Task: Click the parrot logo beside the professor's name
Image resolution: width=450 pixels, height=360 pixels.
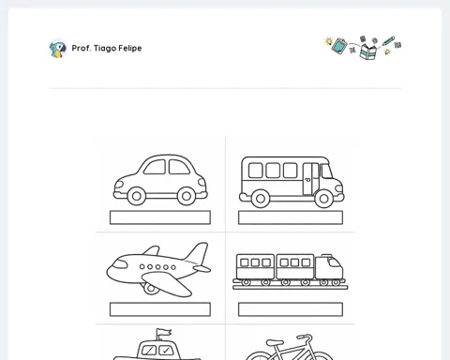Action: click(58, 49)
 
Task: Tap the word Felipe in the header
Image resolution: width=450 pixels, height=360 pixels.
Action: click(130, 49)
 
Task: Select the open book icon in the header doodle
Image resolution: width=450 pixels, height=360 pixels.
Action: click(368, 52)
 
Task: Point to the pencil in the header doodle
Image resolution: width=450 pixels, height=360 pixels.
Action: click(389, 41)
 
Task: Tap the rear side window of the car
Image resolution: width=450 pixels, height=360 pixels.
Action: click(179, 167)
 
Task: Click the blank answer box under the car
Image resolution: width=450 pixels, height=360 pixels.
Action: click(160, 217)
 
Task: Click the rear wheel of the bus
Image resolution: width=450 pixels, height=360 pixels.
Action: click(261, 198)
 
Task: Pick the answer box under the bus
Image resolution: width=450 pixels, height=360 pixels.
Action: click(291, 217)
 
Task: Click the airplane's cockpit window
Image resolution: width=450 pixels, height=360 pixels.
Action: click(120, 264)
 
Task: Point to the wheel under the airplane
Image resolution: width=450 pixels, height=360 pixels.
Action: click(151, 289)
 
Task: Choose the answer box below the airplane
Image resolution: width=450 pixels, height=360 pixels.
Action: click(160, 309)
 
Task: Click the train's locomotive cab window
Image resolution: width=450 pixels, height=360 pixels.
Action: click(334, 262)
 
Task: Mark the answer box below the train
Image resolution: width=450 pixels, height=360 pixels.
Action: click(291, 309)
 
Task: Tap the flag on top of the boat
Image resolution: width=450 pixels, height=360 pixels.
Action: click(163, 333)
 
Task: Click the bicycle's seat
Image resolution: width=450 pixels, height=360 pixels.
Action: click(275, 342)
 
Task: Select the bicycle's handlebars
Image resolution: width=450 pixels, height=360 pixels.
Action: click(306, 337)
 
